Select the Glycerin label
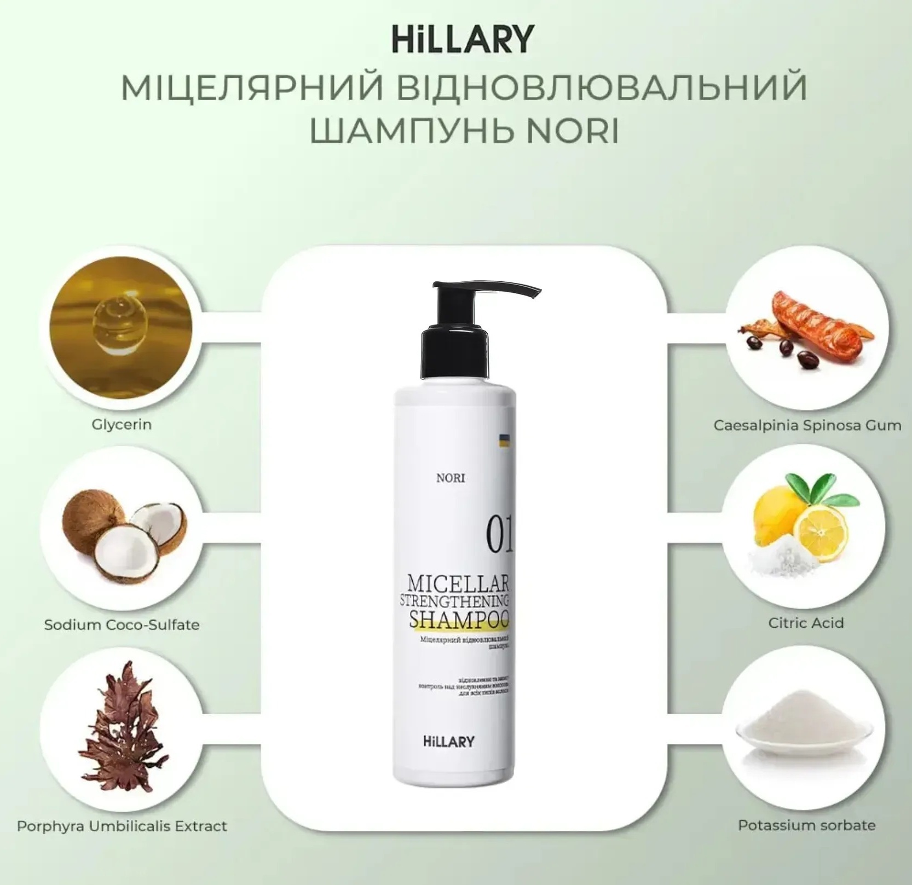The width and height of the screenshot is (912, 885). [122, 424]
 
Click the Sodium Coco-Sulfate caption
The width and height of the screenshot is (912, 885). [122, 624]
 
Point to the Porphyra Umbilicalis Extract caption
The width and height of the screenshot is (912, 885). [122, 826]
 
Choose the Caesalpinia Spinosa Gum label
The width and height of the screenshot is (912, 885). [807, 425]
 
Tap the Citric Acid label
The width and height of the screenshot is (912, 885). [806, 623]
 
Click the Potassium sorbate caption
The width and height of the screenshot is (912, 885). [806, 825]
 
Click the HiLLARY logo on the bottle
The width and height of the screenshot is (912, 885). [449, 742]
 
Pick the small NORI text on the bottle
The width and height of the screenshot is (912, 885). [451, 478]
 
